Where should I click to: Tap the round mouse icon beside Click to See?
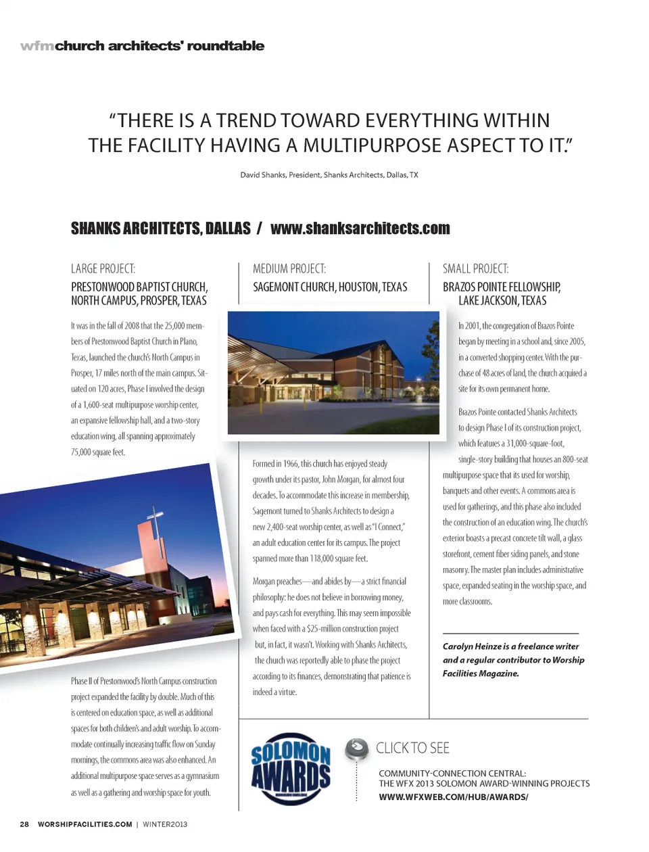356,749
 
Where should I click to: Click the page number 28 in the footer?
24,824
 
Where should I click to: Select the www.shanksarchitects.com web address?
360,229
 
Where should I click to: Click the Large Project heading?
103,268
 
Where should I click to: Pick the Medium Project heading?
289,268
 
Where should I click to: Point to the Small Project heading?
475,268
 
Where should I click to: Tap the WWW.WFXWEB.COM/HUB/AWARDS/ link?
453,797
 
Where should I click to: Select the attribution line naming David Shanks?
329,175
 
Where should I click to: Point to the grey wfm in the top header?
37,46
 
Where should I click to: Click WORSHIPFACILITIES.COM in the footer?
85,824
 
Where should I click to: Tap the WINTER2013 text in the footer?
165,824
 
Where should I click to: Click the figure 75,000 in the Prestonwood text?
82,452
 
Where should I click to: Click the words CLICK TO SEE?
412,748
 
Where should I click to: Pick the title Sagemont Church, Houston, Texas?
330,287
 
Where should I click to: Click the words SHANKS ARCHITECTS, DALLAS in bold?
160,229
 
